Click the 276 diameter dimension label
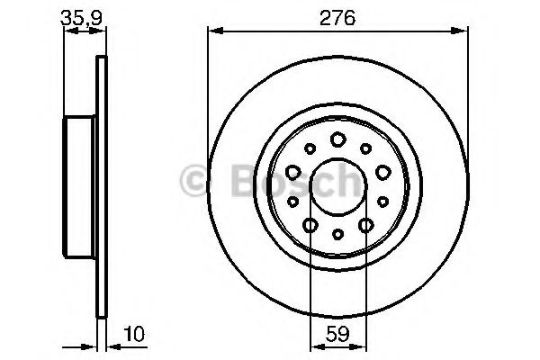click(337, 18)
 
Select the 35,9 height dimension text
click(82, 18)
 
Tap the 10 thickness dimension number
click(134, 334)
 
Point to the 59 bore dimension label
click(337, 334)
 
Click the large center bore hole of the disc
click(337, 186)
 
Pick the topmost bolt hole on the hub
click(337, 139)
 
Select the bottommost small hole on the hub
click(337, 234)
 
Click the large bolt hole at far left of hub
click(293, 172)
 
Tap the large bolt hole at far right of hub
click(383, 172)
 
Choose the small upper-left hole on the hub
click(310, 148)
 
